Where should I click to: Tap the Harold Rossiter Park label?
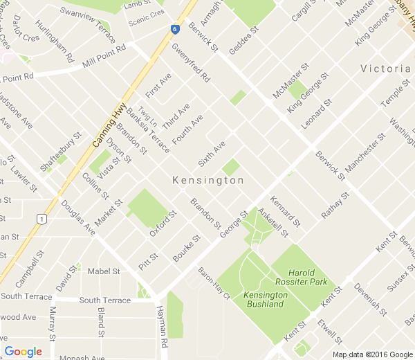[308, 277]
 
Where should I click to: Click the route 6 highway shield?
[176, 29]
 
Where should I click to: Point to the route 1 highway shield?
[41, 219]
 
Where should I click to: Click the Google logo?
[23, 351]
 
